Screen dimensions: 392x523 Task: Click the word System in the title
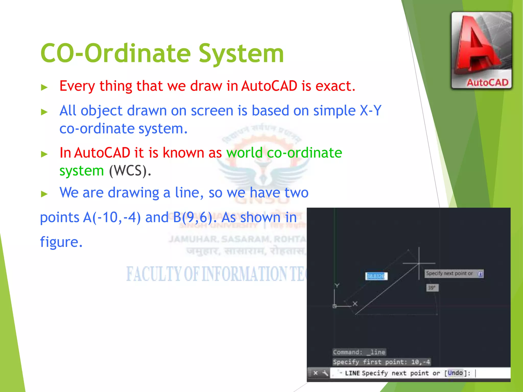(x=241, y=54)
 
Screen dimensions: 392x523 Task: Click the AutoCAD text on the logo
(x=487, y=83)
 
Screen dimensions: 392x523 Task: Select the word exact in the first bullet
(x=335, y=86)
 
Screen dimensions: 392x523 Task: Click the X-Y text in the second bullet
(x=370, y=111)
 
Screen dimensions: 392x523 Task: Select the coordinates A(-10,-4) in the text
(x=112, y=217)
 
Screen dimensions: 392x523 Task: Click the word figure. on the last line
(x=61, y=242)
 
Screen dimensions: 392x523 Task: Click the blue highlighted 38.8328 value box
(x=376, y=276)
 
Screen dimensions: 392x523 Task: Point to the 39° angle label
(x=432, y=288)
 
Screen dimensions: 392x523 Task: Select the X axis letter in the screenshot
(x=355, y=304)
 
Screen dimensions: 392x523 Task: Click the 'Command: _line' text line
(x=359, y=352)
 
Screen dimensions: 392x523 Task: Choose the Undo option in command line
(x=455, y=373)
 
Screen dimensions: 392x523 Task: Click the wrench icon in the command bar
(x=325, y=373)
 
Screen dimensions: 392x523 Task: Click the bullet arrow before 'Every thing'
(x=44, y=87)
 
